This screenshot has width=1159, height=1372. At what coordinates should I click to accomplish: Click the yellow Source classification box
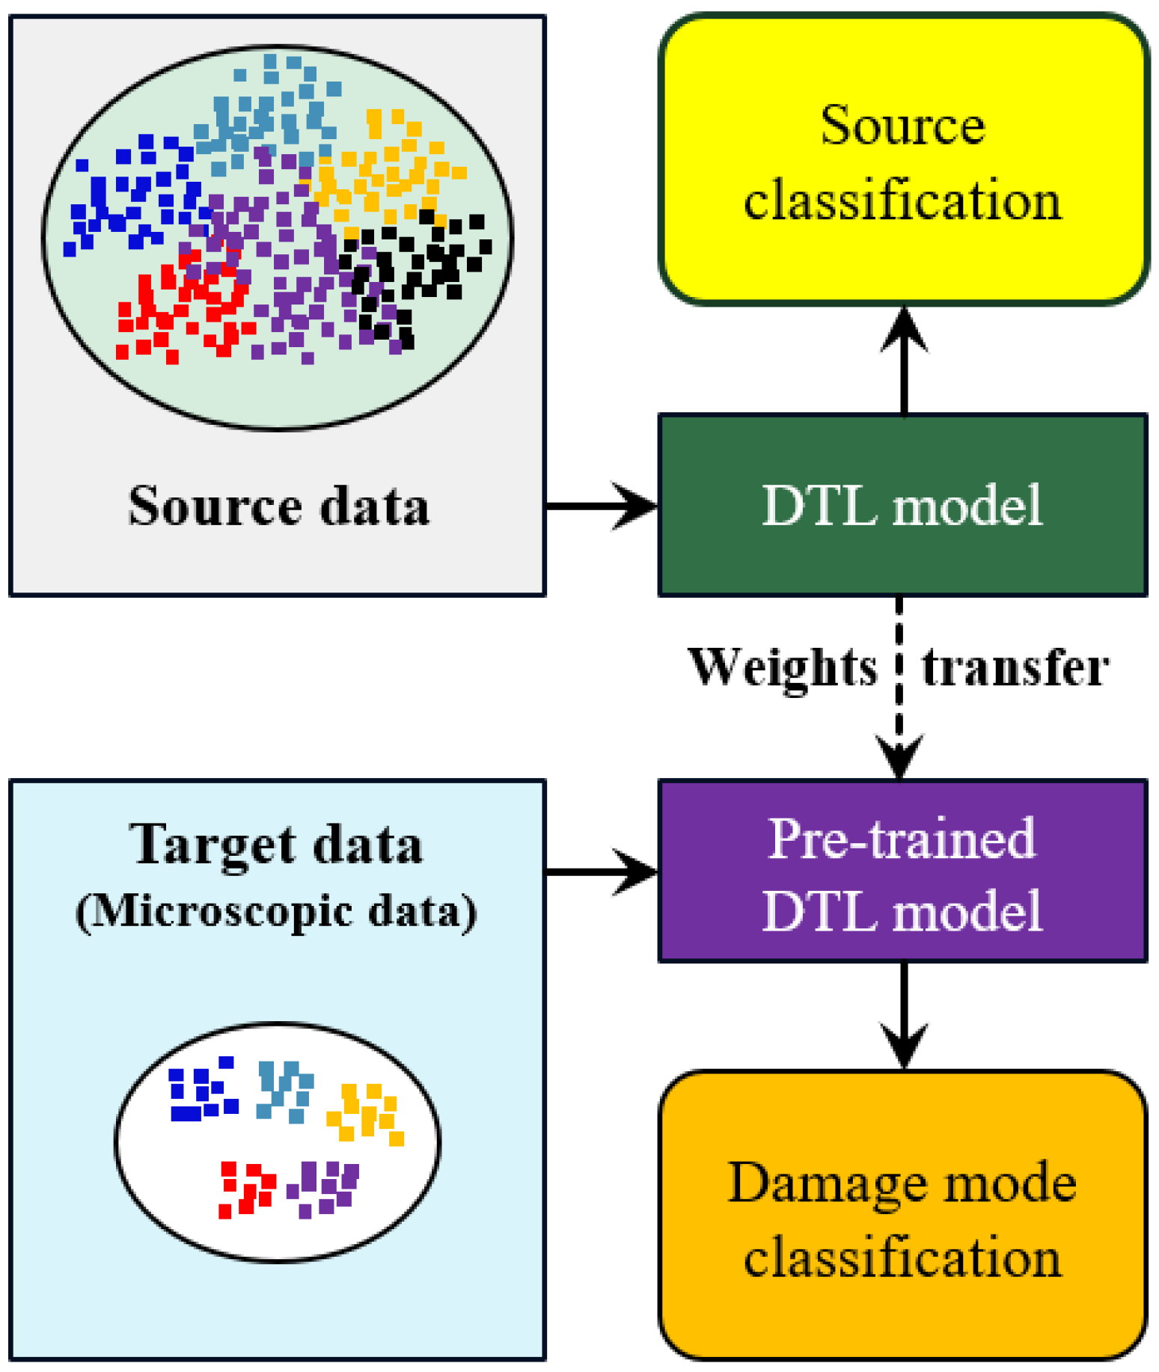point(904,159)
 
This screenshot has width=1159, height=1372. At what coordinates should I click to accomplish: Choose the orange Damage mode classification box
point(903,1216)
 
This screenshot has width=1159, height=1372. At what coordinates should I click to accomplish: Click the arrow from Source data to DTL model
point(602,506)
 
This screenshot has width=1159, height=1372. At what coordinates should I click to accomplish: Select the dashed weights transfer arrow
point(899,688)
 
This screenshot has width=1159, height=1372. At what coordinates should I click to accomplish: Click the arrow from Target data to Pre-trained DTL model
point(602,872)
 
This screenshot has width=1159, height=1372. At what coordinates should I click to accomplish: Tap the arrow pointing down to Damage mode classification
point(904,1016)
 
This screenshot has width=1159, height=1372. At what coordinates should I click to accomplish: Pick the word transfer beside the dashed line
point(1015,667)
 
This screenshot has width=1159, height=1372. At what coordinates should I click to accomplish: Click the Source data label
point(278,506)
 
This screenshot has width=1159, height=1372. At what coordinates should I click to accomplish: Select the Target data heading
point(277,845)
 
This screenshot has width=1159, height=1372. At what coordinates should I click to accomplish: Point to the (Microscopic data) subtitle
point(277,912)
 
